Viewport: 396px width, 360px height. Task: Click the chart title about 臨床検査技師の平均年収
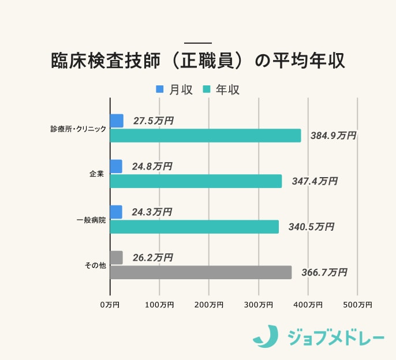click(197, 62)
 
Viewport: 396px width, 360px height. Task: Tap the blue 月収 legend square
click(160, 89)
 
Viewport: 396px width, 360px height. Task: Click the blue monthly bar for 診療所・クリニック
click(117, 121)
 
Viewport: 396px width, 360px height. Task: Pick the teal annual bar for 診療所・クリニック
click(206, 136)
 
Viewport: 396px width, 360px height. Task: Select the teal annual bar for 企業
click(196, 181)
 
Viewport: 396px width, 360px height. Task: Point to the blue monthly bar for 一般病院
click(116, 212)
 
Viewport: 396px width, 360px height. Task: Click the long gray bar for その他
click(201, 272)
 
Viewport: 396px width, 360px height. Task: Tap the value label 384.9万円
click(333, 136)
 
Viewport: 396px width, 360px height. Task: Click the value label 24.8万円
click(152, 166)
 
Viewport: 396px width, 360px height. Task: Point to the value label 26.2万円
click(152, 257)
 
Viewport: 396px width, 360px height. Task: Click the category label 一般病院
click(91, 220)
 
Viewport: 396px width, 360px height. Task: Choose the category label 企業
click(97, 174)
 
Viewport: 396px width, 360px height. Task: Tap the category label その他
click(95, 265)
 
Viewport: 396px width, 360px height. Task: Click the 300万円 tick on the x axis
click(258, 305)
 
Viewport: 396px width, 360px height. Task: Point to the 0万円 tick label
click(110, 305)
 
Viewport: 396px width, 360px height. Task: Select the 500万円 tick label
click(357, 305)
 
